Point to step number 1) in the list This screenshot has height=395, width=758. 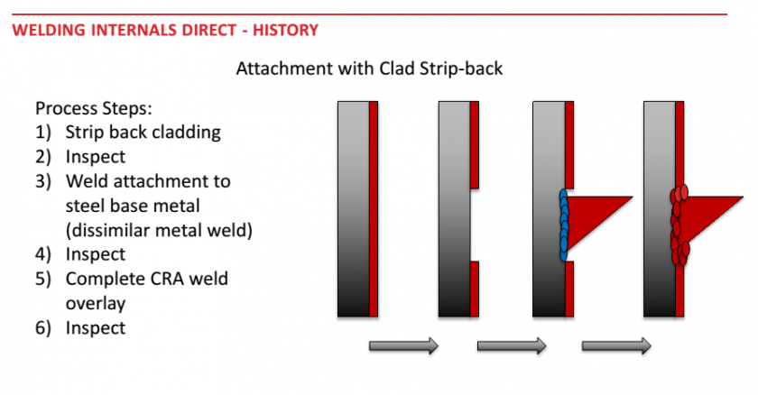[x=42, y=133]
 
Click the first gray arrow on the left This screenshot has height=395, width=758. [x=403, y=345]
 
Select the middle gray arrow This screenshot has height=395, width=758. [x=511, y=345]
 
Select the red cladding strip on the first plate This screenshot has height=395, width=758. [x=374, y=209]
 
